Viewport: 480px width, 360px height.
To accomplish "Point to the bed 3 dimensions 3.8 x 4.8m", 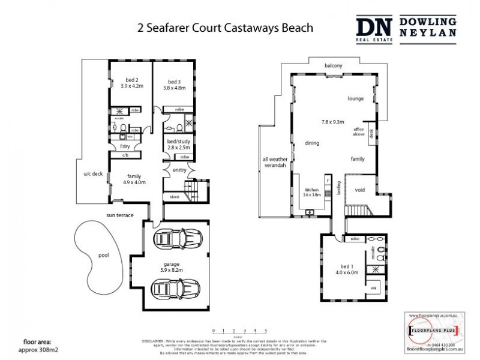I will point(175,88).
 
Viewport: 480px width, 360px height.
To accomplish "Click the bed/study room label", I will point(178,141).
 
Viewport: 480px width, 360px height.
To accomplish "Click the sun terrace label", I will point(119,215).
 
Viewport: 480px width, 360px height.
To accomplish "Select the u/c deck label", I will point(93,175).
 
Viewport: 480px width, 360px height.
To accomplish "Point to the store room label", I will point(175,196).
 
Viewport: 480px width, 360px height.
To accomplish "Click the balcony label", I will point(333,65).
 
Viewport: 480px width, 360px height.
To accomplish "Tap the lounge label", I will point(356,98).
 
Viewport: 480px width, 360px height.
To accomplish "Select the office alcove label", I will point(359,132).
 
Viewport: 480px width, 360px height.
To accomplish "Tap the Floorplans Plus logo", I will point(432,330).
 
